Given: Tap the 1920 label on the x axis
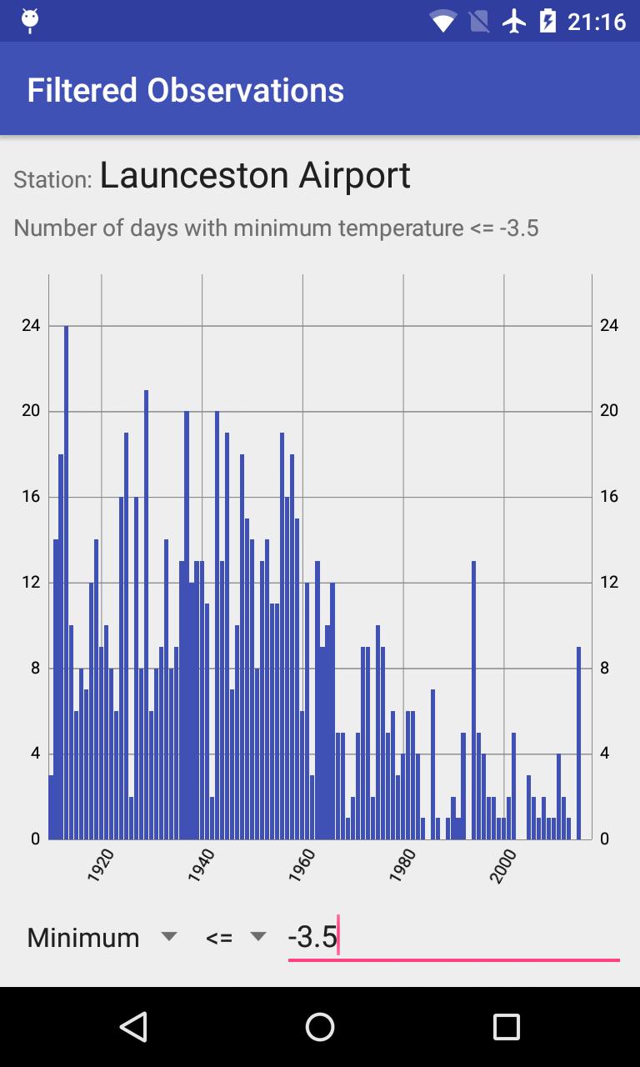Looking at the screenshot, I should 100,866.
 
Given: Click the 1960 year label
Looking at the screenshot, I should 302,866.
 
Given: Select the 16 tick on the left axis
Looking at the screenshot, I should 31,497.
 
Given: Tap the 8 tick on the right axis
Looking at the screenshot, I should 609,668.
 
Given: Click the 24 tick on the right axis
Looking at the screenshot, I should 609,325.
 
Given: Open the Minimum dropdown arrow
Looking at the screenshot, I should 169,937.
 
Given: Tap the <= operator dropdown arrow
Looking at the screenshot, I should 258,937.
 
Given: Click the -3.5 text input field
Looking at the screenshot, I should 453,938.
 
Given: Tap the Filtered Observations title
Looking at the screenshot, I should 185,90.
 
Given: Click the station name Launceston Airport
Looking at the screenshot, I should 255,176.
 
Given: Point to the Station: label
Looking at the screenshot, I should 52,179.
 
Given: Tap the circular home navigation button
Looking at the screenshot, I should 320,1027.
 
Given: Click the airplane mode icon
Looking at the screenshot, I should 515,21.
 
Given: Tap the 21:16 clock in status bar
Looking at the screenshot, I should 596,21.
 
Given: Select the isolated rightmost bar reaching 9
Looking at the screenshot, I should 578,742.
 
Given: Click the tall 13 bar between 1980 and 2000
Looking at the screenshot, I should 473,700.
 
